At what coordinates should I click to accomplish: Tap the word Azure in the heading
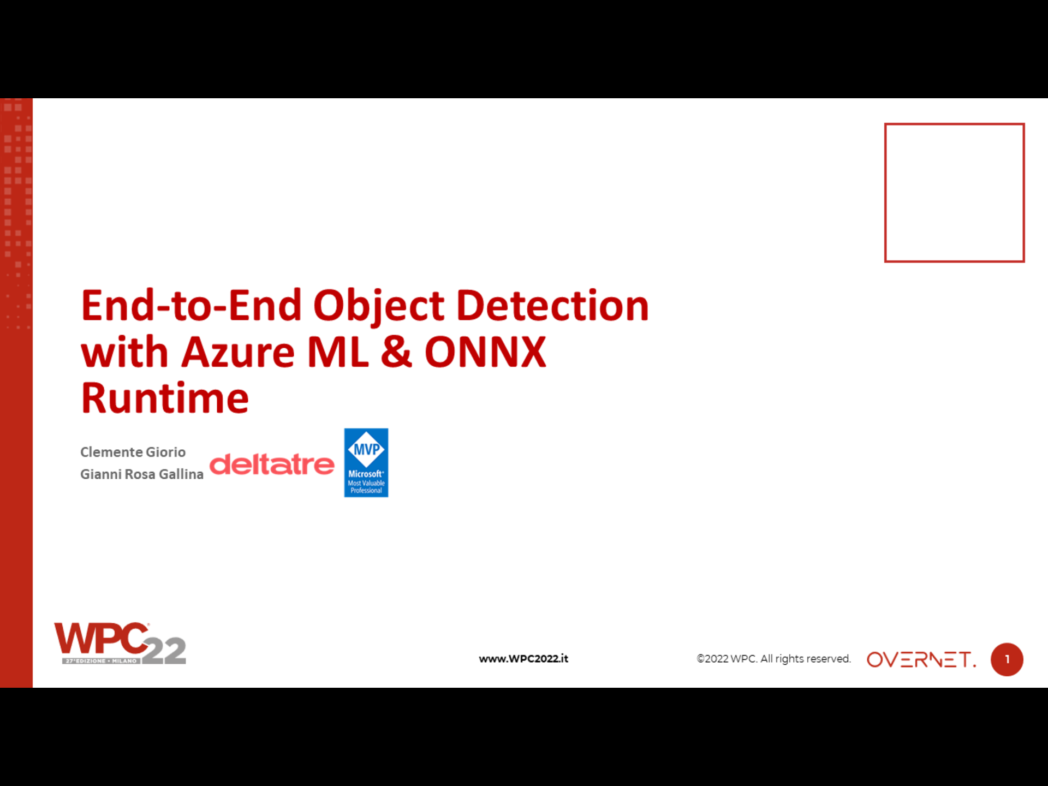[238, 352]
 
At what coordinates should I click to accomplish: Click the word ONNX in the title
[485, 352]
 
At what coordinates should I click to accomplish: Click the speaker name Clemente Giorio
[133, 452]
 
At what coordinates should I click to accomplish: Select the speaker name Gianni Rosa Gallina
[142, 474]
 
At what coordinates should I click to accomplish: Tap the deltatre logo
[272, 465]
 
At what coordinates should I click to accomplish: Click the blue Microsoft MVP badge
[366, 462]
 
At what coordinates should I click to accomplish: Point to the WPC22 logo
[120, 644]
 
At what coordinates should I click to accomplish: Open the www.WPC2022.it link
[523, 659]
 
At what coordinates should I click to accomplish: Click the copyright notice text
[773, 659]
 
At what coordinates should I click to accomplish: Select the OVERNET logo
[921, 659]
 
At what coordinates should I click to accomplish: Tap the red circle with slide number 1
[1007, 659]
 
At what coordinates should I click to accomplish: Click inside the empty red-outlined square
[954, 193]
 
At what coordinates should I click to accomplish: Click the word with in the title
[124, 352]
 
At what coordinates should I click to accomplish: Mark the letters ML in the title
[338, 352]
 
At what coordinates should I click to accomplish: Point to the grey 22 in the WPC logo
[164, 651]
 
